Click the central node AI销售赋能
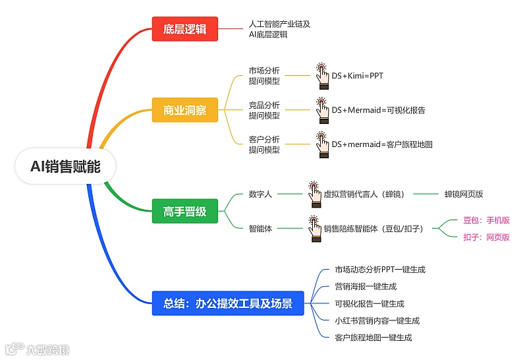coord(65,167)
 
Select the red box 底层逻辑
coord(184,29)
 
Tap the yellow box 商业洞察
coord(184,110)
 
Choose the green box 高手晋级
coord(184,212)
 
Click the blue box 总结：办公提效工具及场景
coord(228,304)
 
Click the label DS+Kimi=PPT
coord(357,76)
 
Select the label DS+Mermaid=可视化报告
coord(378,110)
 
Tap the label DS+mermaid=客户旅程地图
coord(381,144)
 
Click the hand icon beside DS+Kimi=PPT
coord(322,76)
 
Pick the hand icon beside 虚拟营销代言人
coord(314,194)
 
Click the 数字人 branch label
coord(260,195)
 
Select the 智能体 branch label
coord(260,229)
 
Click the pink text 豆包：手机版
coord(486,220)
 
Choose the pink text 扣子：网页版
coord(486,237)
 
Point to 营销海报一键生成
coord(366,287)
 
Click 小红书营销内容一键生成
coord(377,321)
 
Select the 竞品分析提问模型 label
coord(264,110)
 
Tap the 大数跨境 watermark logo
coord(38,349)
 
